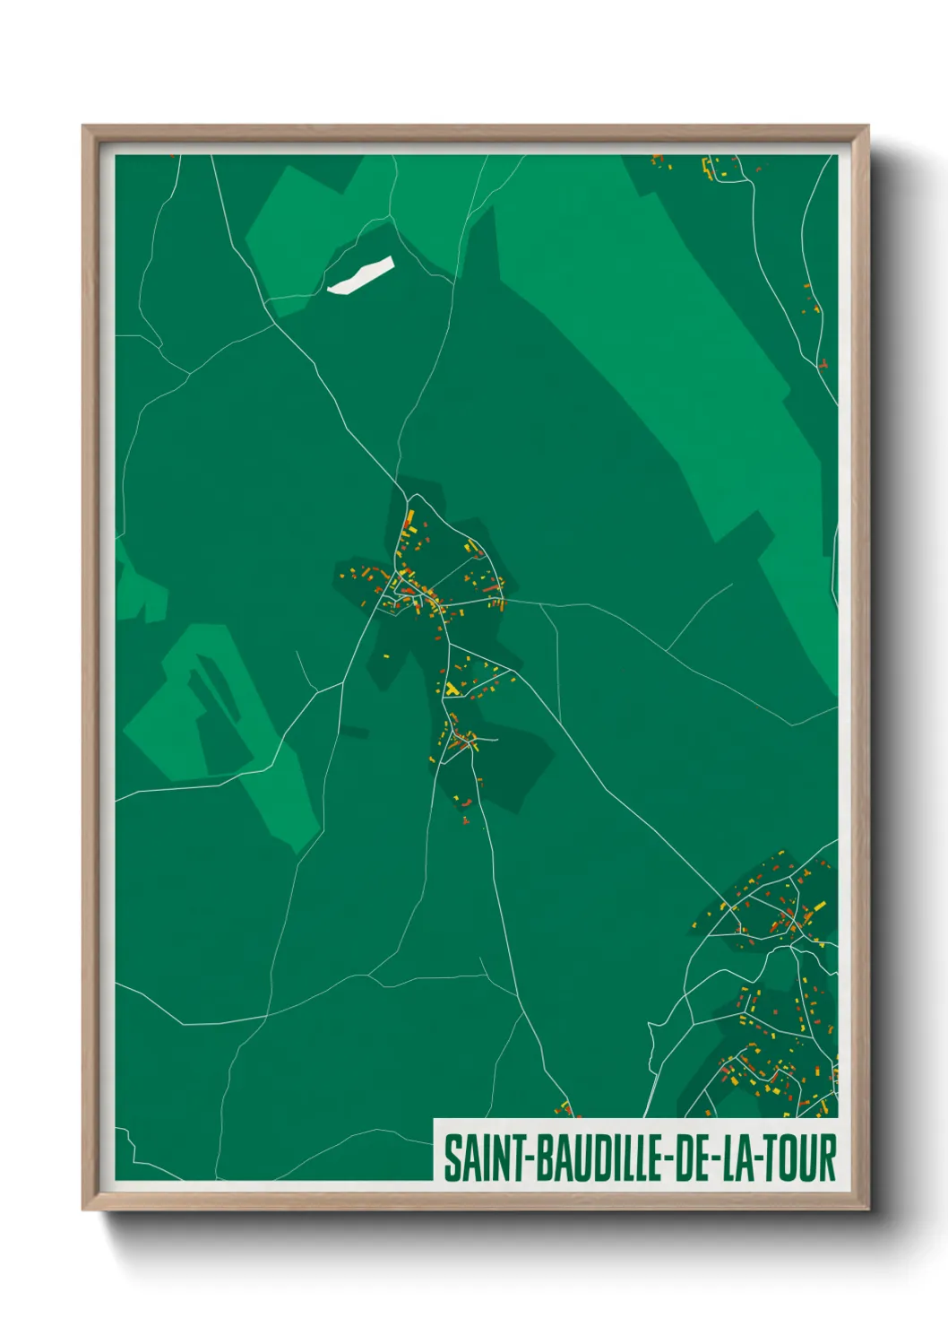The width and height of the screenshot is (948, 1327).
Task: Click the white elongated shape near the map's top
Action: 360,275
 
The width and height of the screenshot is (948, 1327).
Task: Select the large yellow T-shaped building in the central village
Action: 452,689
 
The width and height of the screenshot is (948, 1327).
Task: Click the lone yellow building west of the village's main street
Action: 388,656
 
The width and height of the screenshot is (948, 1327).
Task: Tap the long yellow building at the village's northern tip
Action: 409,518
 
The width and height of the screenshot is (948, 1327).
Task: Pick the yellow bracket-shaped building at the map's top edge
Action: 706,167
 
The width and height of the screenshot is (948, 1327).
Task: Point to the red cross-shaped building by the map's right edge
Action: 822,365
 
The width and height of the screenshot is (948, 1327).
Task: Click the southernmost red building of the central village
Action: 466,818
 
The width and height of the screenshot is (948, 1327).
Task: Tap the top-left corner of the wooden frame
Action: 84,127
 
